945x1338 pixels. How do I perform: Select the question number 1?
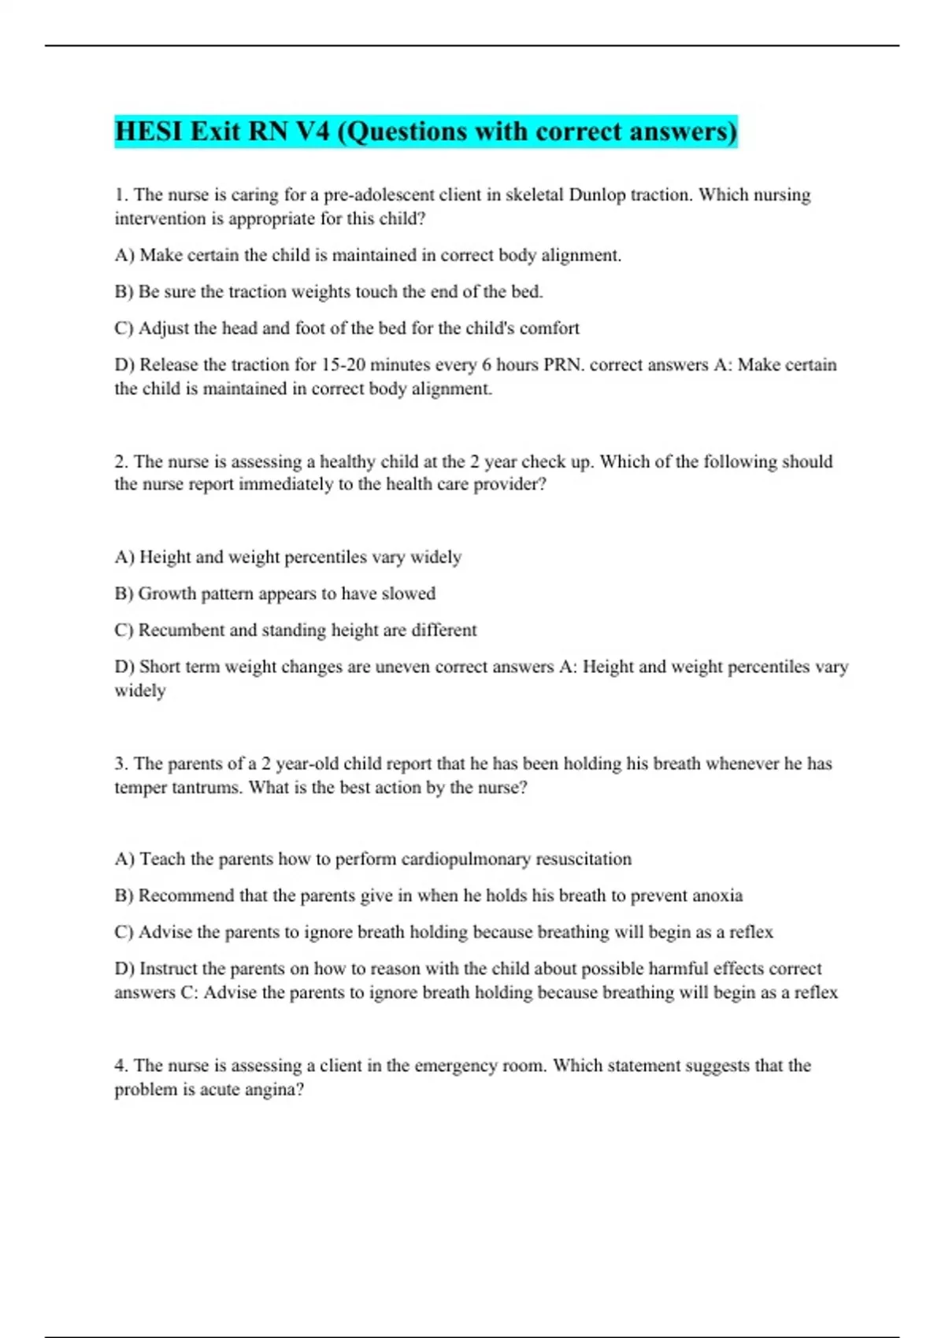120,194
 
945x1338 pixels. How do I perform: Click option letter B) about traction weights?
124,292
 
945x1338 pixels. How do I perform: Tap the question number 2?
120,461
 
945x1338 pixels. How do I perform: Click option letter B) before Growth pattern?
124,593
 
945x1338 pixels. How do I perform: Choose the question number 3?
120,763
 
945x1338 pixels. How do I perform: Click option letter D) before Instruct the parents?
124,969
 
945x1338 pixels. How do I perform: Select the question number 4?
120,1066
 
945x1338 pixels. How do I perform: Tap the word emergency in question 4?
454,1066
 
